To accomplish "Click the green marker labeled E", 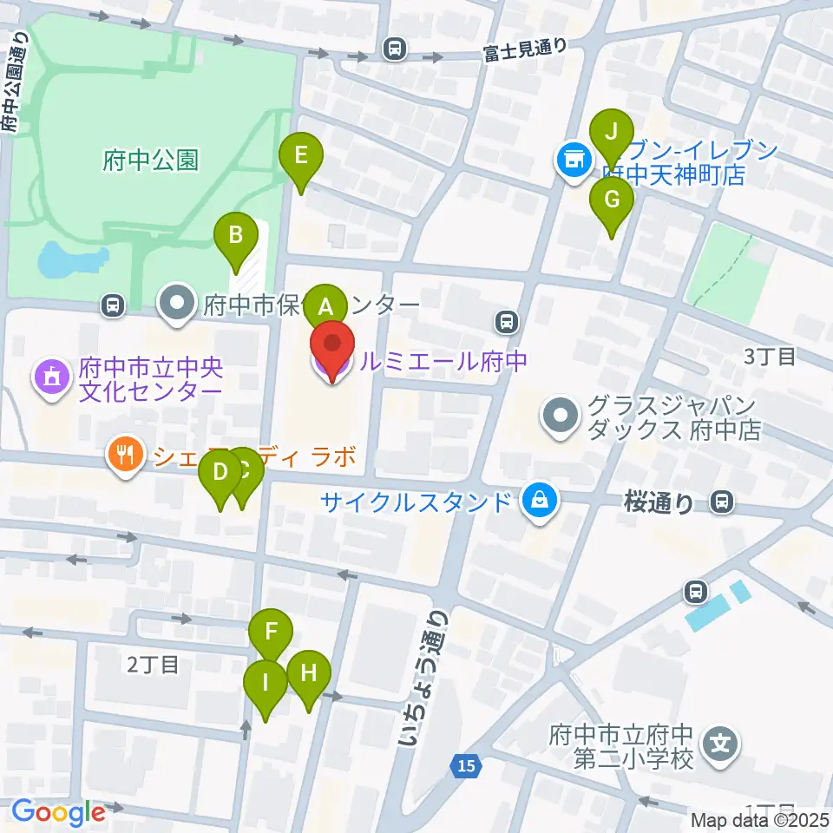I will pyautogui.click(x=301, y=158).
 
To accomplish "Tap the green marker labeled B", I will pyautogui.click(x=235, y=235).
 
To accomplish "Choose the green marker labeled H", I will pyautogui.click(x=308, y=673).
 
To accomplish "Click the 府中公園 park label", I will pyautogui.click(x=150, y=161).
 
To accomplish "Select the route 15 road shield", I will pyautogui.click(x=467, y=765).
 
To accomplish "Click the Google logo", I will pyautogui.click(x=57, y=813).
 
